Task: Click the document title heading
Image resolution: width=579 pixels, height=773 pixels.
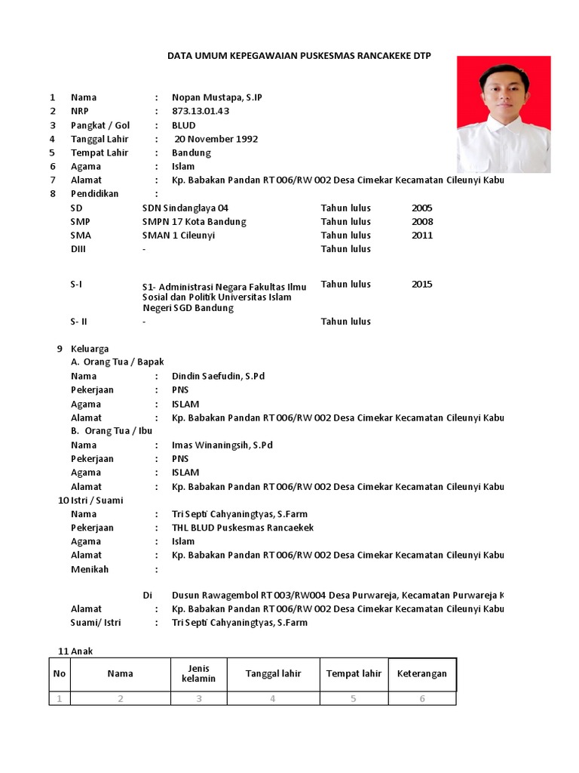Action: pyautogui.click(x=299, y=56)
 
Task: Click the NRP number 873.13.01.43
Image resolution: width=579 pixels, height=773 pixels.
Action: pyautogui.click(x=201, y=111)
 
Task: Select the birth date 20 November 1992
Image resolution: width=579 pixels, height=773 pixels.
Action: pyautogui.click(x=216, y=139)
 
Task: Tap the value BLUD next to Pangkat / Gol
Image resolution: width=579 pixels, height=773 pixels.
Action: pyautogui.click(x=184, y=125)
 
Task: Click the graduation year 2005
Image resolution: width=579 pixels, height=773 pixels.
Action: pyautogui.click(x=422, y=208)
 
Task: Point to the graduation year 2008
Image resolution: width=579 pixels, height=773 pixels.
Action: pyautogui.click(x=422, y=221)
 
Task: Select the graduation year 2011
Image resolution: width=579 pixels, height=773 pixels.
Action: pyautogui.click(x=422, y=235)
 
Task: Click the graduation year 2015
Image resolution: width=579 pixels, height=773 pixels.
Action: pyautogui.click(x=422, y=285)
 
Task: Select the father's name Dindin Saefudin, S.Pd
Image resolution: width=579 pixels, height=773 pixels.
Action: pyautogui.click(x=219, y=376)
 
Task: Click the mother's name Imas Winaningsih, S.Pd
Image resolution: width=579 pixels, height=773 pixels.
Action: pyautogui.click(x=222, y=445)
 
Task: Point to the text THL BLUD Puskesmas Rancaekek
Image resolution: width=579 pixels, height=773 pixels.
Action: pyautogui.click(x=243, y=528)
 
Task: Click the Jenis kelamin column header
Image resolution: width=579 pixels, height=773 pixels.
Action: pyautogui.click(x=198, y=673)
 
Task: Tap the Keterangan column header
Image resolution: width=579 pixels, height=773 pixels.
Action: pyautogui.click(x=422, y=673)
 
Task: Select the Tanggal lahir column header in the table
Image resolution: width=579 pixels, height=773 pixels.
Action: pyautogui.click(x=273, y=673)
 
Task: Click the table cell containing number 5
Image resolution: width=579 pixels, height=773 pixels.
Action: pyautogui.click(x=353, y=698)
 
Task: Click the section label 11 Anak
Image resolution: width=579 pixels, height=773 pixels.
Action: pyautogui.click(x=75, y=651)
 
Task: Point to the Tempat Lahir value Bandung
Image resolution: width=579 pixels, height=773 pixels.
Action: pyautogui.click(x=191, y=152)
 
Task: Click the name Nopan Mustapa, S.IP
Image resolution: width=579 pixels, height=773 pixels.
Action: pyautogui.click(x=217, y=97)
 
